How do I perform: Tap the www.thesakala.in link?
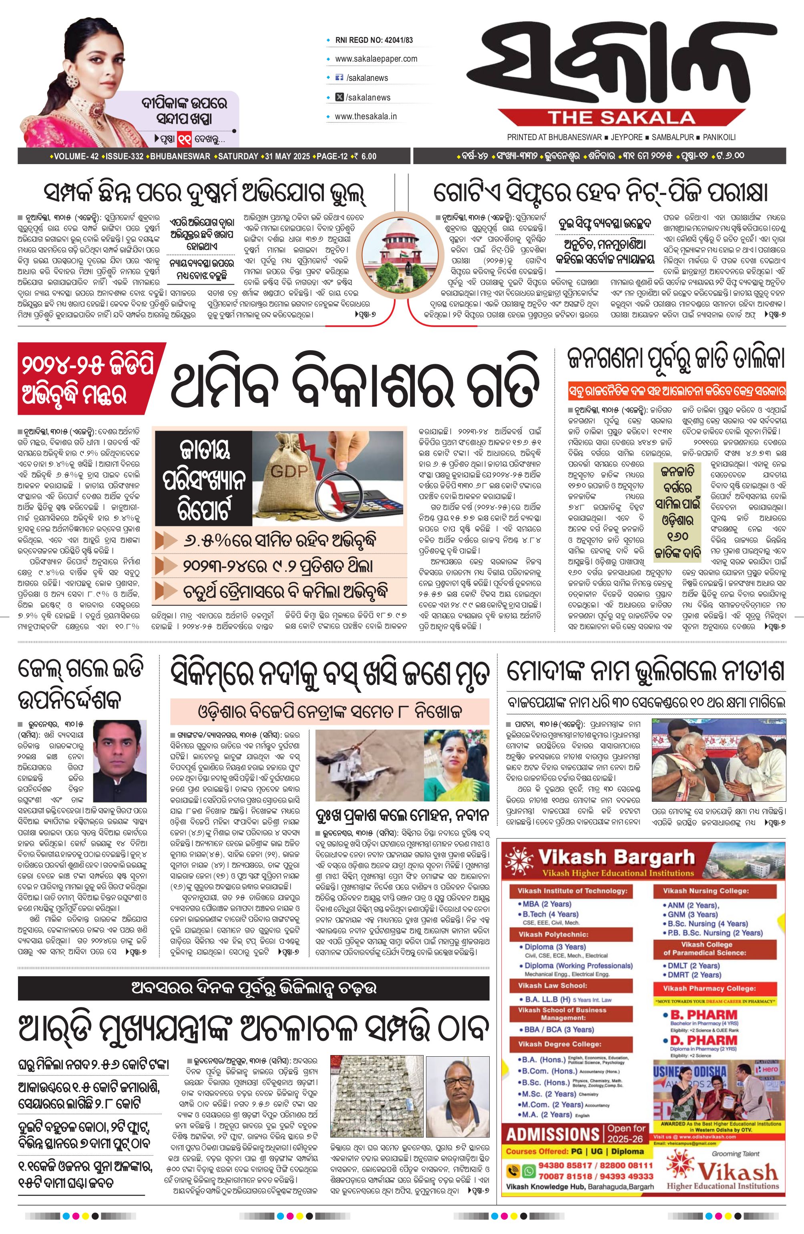pos(366,116)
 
